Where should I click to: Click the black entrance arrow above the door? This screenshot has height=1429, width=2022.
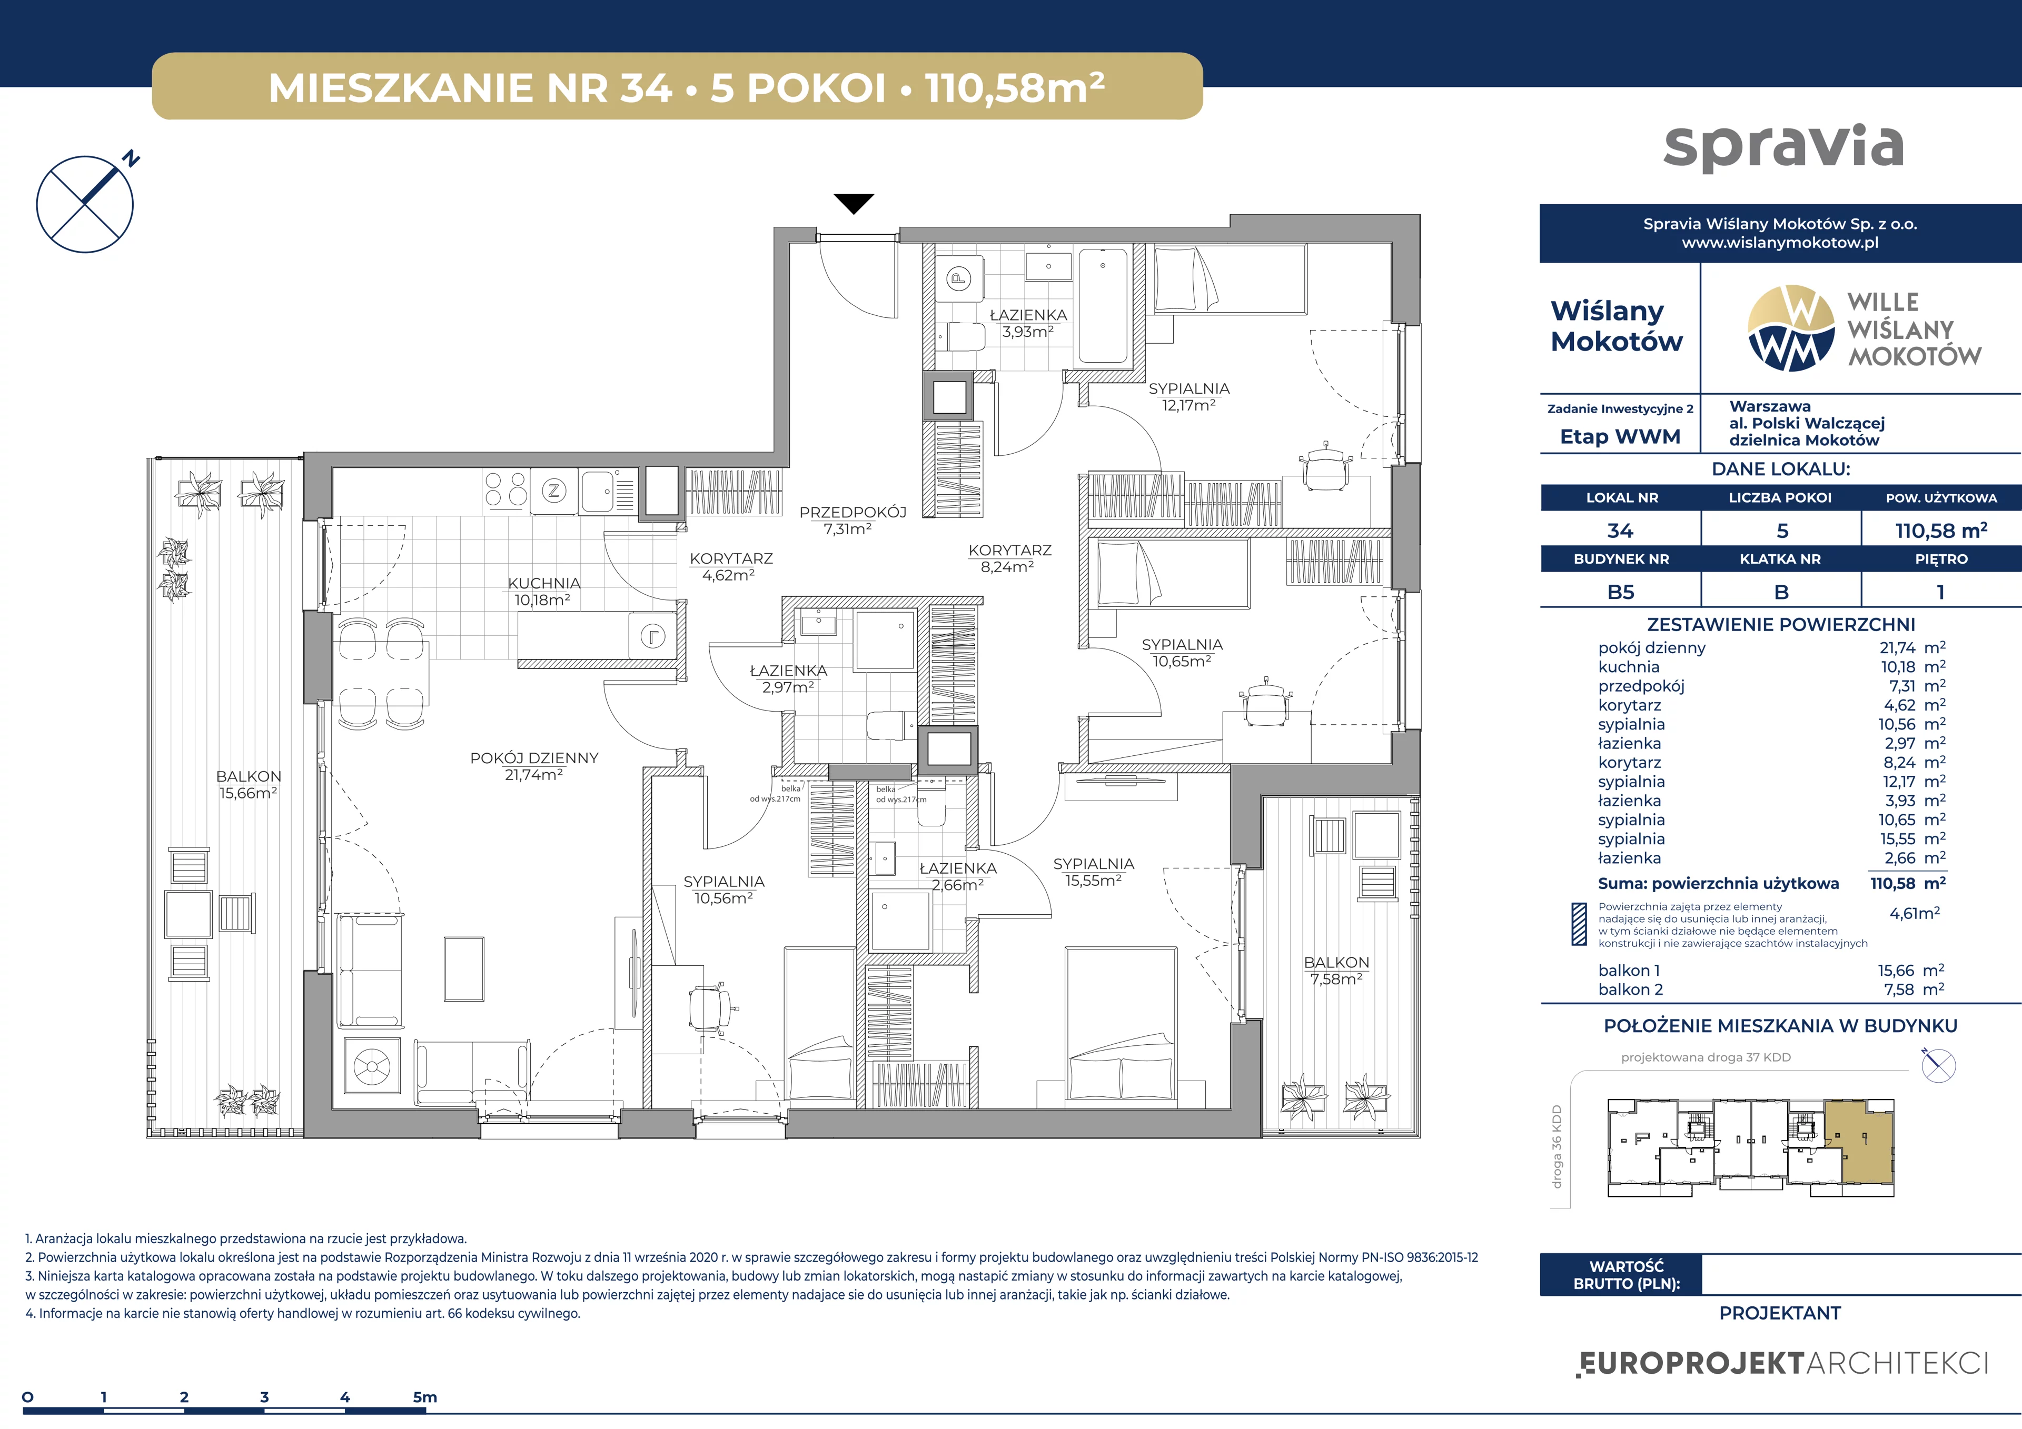(854, 203)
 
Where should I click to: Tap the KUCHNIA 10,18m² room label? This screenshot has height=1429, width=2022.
(543, 592)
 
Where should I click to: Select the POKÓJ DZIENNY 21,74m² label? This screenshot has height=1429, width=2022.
(534, 766)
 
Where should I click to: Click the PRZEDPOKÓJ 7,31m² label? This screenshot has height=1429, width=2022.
(851, 521)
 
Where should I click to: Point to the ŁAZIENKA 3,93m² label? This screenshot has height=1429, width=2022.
(1028, 323)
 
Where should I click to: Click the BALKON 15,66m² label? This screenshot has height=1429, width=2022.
(249, 784)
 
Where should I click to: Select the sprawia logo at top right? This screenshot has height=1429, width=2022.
(1783, 146)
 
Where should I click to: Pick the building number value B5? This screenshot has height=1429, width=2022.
(1620, 592)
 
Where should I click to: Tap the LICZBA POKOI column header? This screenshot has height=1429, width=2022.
(1780, 497)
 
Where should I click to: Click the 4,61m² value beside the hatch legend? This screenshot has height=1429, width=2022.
(1915, 913)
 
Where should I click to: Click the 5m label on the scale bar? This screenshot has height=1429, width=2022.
(424, 1396)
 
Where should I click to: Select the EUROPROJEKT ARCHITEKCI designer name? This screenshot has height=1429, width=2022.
(1781, 1364)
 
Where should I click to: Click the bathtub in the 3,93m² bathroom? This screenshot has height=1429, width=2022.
(1103, 305)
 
